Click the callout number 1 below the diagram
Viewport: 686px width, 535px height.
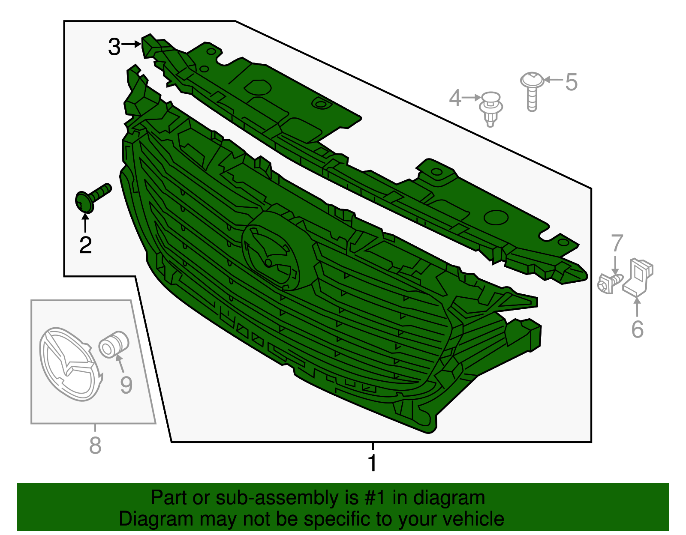click(x=373, y=463)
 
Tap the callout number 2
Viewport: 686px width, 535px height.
click(x=86, y=245)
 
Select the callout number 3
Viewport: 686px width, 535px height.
click(x=114, y=47)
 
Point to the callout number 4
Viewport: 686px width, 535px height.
click(x=455, y=98)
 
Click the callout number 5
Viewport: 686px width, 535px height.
click(x=571, y=82)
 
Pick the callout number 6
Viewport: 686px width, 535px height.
click(x=638, y=329)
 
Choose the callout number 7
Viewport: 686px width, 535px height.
click(x=617, y=243)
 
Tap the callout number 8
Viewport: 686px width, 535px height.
click(x=95, y=445)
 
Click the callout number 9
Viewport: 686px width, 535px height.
click(x=126, y=385)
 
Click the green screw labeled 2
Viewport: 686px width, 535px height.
click(x=92, y=197)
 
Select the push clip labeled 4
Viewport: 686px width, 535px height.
click(x=490, y=109)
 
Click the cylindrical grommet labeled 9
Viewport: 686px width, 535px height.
click(x=113, y=344)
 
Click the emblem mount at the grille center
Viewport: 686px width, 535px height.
click(x=275, y=250)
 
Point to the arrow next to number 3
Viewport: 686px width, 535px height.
click(x=131, y=44)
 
